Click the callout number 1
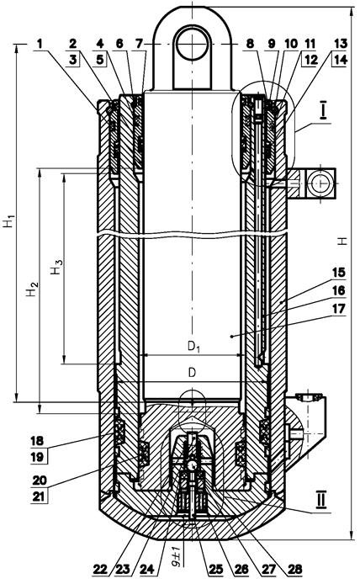(40, 44)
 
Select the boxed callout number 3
(73, 60)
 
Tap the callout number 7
(139, 44)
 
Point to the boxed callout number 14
(340, 60)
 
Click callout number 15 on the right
(338, 273)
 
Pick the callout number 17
(338, 308)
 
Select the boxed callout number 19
(38, 457)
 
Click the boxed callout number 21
(39, 496)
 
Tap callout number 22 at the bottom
(100, 569)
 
